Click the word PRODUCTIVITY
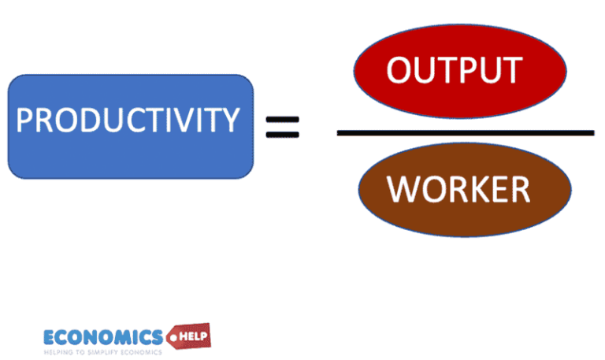point(128,121)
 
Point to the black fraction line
point(465,132)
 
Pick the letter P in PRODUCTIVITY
point(24,121)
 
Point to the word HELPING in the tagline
point(61,351)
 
